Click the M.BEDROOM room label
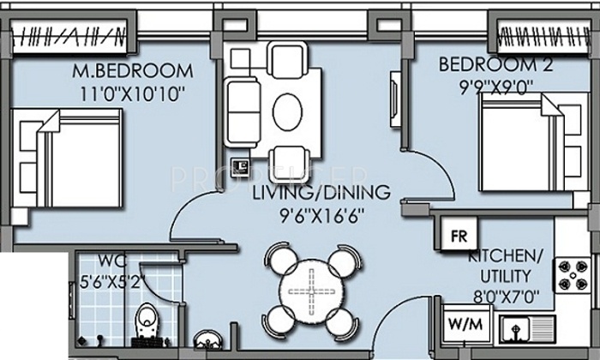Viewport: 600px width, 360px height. point(133,71)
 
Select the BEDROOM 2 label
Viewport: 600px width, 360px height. point(496,64)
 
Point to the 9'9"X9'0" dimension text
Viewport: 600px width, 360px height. point(496,87)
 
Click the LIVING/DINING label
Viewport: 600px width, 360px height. point(321,193)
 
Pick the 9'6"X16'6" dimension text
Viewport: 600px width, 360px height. point(321,217)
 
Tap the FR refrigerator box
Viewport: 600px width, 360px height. point(459,234)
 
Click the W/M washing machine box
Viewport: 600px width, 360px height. point(465,325)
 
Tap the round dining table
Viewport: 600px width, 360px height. point(311,292)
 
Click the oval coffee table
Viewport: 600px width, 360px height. point(287,112)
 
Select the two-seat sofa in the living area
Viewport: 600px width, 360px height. point(242,112)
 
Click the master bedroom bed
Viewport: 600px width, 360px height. point(67,158)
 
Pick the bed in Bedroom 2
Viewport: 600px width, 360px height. point(533,142)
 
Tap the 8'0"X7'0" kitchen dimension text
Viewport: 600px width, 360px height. point(507,297)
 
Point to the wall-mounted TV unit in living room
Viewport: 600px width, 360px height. point(395,99)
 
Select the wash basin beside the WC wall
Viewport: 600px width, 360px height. point(207,339)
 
